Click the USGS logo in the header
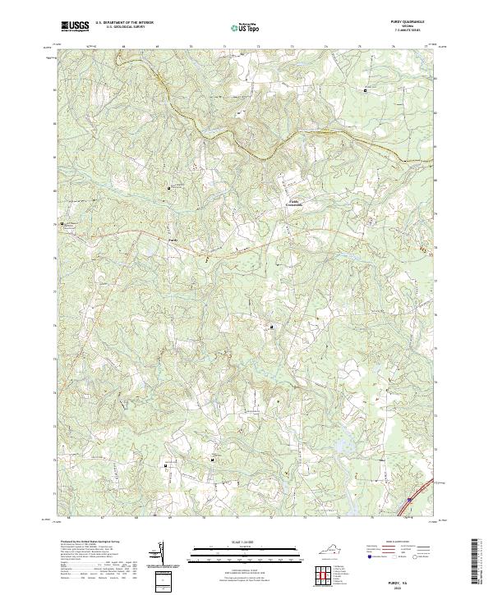[75, 26]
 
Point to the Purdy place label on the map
[172, 240]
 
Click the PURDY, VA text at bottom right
[408, 577]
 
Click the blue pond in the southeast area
[339, 447]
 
